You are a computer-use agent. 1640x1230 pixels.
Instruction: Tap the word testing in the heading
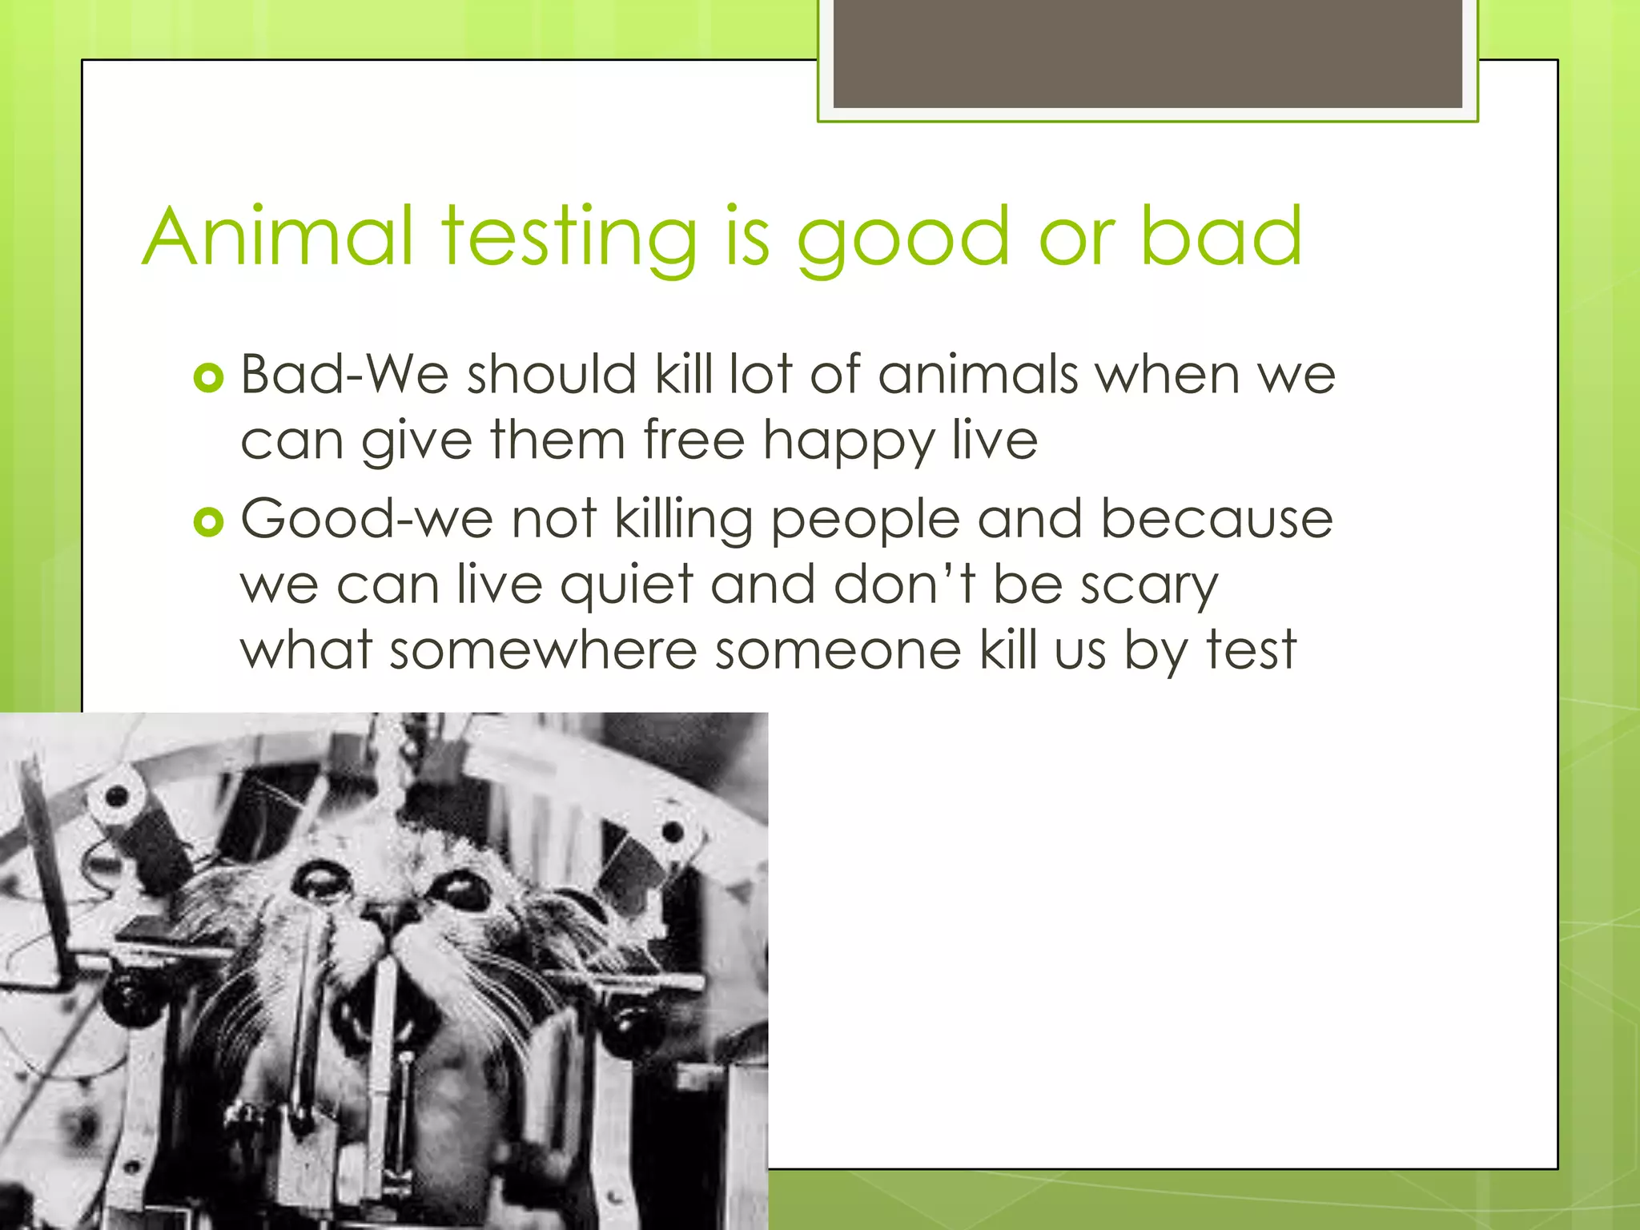tap(569, 237)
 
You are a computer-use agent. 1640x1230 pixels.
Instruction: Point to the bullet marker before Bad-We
tap(208, 377)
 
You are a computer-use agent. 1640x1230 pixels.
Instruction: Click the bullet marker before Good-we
tap(208, 522)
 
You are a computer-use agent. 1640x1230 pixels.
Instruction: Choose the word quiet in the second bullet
tap(626, 586)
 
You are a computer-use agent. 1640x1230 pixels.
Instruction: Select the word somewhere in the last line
tap(544, 650)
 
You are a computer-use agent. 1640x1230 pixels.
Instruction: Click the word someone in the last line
tap(838, 650)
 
